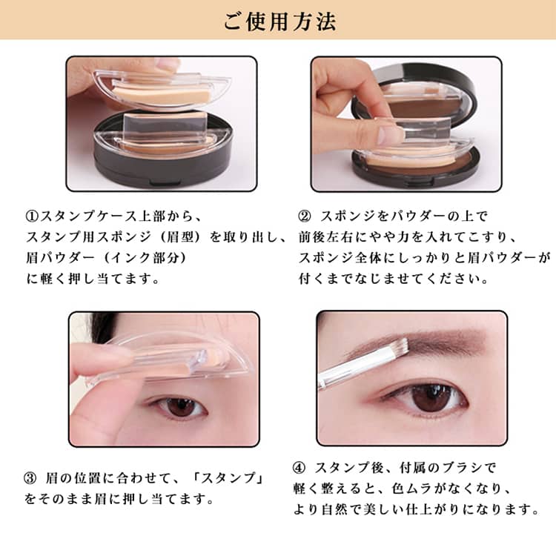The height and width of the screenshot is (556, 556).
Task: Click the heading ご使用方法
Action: (x=279, y=22)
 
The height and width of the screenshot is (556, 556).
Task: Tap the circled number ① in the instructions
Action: (x=33, y=216)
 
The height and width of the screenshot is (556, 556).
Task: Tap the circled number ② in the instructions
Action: (x=304, y=216)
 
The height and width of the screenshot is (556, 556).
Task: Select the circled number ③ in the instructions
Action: (x=30, y=478)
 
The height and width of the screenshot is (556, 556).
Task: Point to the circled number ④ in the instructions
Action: (x=299, y=468)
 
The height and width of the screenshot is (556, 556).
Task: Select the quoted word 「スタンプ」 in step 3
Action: (x=228, y=478)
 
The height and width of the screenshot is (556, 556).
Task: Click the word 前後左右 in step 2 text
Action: (x=326, y=237)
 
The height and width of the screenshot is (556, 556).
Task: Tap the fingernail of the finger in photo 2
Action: (x=390, y=135)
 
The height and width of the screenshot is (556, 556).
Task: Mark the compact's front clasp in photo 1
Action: (x=164, y=183)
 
